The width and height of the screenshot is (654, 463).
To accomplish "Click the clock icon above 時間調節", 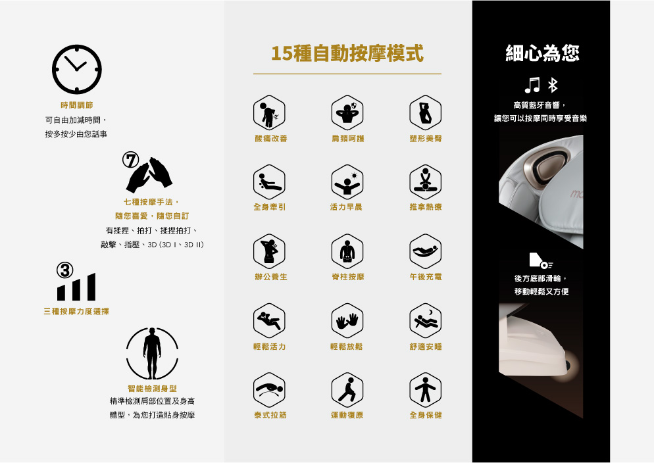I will click(x=77, y=69).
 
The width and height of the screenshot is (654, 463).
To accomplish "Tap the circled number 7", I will click(x=131, y=160).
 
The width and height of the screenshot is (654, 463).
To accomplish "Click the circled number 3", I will click(x=64, y=270).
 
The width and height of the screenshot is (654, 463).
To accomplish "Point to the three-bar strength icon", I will click(x=76, y=287).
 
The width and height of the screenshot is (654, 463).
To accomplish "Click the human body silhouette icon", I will click(x=152, y=353).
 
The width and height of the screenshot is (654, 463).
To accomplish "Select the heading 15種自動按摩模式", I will click(x=347, y=54).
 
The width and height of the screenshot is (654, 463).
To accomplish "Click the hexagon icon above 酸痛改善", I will click(x=269, y=112).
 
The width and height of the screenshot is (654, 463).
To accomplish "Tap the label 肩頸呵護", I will click(x=347, y=139).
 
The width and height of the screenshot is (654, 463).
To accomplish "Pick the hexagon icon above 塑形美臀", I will click(x=425, y=112).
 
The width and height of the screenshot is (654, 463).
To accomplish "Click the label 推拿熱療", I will click(x=425, y=207).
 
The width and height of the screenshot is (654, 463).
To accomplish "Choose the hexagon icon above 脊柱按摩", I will click(x=347, y=251).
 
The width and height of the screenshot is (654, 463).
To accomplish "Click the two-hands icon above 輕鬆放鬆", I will click(x=347, y=320).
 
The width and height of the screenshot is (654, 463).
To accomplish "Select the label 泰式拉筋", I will click(x=270, y=415).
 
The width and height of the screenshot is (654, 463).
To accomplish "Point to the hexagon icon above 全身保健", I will click(x=425, y=389).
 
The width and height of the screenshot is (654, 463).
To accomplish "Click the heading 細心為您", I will click(x=542, y=53).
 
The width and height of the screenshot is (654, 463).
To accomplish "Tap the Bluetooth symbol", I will click(x=553, y=84).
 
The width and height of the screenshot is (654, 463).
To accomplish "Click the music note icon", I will click(x=532, y=84).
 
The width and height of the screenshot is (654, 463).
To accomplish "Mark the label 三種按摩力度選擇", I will click(x=76, y=311).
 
